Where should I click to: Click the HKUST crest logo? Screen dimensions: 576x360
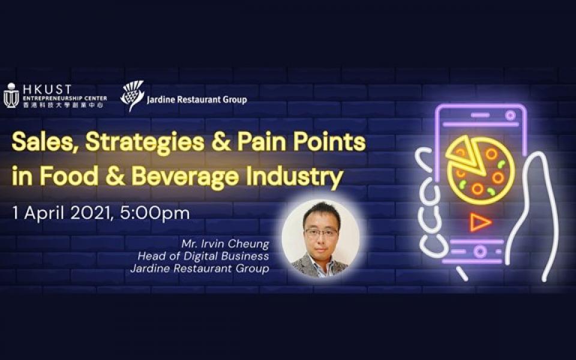[11, 95]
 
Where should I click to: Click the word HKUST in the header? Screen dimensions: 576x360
[47, 89]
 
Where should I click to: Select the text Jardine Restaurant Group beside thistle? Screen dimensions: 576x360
[197, 100]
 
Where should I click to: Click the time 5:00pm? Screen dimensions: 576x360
[155, 214]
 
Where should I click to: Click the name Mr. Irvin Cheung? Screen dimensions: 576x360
[225, 244]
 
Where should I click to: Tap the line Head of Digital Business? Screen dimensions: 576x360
[203, 256]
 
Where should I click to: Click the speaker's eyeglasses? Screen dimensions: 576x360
[321, 232]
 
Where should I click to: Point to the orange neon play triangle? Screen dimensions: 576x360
[479, 222]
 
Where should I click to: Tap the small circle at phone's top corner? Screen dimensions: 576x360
[510, 116]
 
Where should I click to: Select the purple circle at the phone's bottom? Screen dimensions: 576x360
[479, 251]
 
